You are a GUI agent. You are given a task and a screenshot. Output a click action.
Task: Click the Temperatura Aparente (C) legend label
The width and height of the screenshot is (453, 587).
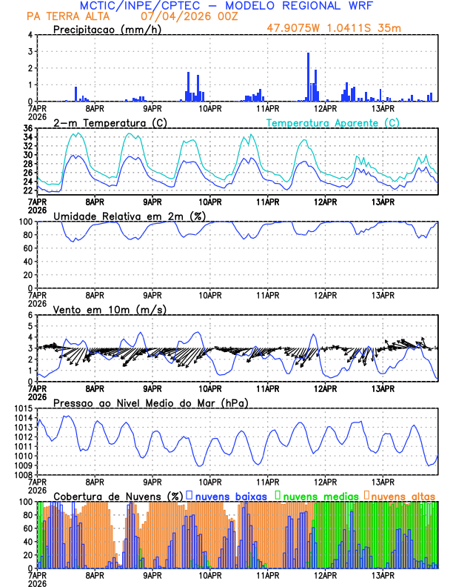(332, 122)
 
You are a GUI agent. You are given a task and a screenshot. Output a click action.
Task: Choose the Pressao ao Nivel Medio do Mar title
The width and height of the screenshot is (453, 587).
(151, 402)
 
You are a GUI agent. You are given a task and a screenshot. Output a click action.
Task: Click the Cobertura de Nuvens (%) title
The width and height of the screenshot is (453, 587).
(118, 496)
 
